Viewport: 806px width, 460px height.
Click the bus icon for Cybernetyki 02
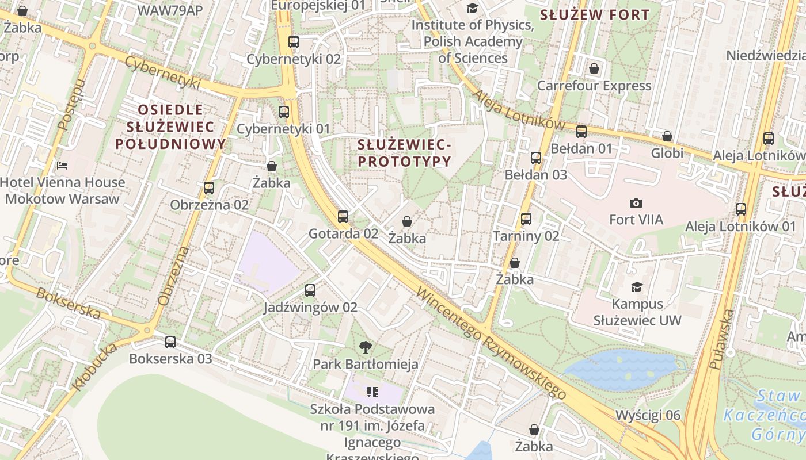294,42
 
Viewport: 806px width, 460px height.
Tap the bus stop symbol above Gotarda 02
343,217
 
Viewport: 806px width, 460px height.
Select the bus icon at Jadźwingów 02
310,290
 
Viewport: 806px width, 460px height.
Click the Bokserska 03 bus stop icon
170,342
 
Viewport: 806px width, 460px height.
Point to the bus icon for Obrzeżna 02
209,188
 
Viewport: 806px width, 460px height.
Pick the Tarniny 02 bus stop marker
526,219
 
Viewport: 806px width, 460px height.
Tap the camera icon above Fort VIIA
636,203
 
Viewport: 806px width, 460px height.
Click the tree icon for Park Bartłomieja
365,347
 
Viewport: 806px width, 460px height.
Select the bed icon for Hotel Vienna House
62,166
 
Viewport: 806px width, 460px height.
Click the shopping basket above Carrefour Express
594,69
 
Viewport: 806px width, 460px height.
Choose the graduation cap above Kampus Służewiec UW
637,287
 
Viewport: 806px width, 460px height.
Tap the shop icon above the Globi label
667,137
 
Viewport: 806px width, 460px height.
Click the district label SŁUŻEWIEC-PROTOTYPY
404,152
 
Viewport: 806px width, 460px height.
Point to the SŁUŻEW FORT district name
595,15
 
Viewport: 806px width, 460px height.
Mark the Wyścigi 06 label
648,415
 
